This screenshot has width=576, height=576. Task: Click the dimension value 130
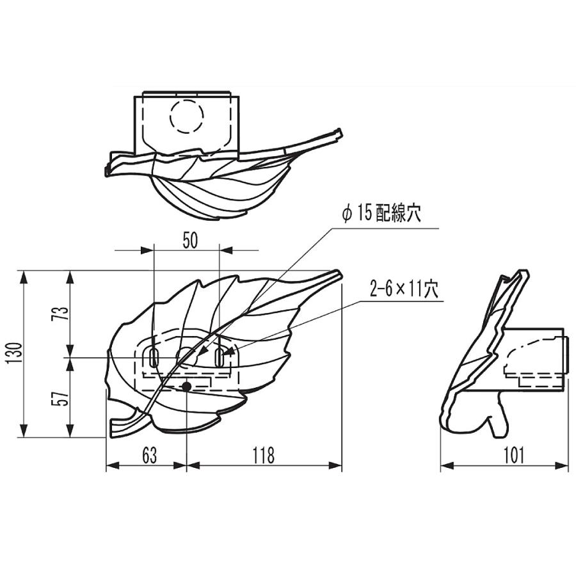pos(13,353)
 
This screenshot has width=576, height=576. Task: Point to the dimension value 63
pos(150,455)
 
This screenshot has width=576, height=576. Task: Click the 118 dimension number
pos(264,455)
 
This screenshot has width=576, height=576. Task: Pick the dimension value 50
pos(190,241)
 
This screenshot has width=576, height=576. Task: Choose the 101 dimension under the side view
pos(513,455)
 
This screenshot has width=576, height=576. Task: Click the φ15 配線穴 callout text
pos(381,213)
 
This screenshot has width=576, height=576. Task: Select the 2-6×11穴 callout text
pos(404,289)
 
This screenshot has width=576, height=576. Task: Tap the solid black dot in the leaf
pos(187,386)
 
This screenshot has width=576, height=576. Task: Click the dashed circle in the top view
pos(187,116)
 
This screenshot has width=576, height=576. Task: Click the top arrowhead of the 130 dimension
pos(24,276)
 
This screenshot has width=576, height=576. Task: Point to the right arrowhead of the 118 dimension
pos(335,466)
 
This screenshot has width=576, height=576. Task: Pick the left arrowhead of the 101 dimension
pos(447,466)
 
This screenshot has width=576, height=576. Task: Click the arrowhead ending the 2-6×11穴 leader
pos(228,353)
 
